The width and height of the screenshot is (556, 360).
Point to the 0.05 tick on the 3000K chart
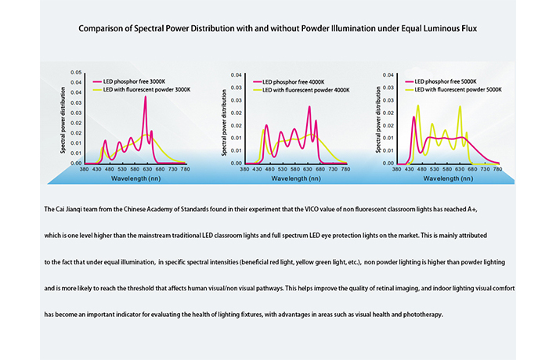[x=76, y=72]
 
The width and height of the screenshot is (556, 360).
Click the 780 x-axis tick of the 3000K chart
[x=185, y=169]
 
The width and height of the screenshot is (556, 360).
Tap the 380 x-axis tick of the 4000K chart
[x=244, y=169]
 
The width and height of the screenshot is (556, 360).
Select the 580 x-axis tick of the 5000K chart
[x=447, y=169]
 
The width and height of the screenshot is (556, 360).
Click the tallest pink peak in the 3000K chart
[x=146, y=97]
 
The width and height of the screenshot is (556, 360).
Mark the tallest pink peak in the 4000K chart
[x=309, y=106]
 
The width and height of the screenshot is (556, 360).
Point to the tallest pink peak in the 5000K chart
[x=413, y=117]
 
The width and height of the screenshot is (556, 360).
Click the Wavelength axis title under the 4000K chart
[x=296, y=178]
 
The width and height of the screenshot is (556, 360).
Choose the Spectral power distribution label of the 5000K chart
[x=378, y=120]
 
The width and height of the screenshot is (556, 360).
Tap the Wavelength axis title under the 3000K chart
[x=135, y=178]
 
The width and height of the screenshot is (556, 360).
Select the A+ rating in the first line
[x=472, y=209]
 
